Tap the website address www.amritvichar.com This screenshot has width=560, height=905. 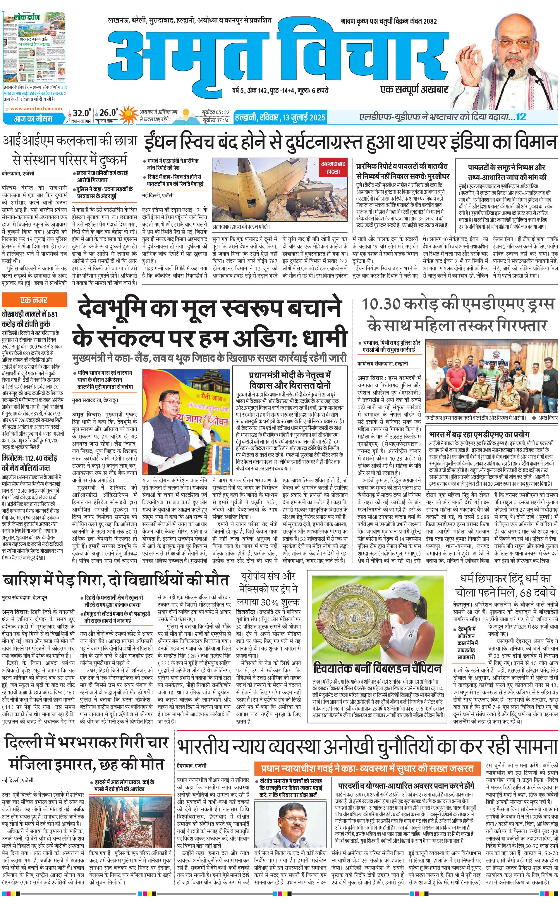point(36,108)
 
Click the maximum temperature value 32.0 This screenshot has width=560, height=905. point(81,113)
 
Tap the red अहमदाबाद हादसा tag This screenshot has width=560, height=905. point(333,167)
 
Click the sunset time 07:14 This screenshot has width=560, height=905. point(221,120)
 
